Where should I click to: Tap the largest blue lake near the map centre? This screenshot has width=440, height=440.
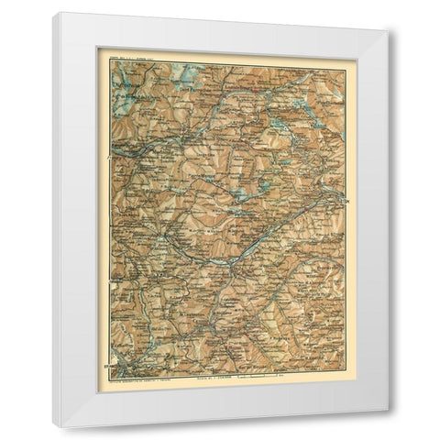tap(240, 194)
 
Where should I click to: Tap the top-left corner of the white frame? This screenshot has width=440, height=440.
tap(53, 13)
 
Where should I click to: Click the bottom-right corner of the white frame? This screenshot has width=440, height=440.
tap(389, 427)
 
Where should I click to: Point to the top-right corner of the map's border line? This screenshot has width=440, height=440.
tap(347, 63)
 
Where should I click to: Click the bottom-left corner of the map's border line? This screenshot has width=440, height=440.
tap(112, 370)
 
